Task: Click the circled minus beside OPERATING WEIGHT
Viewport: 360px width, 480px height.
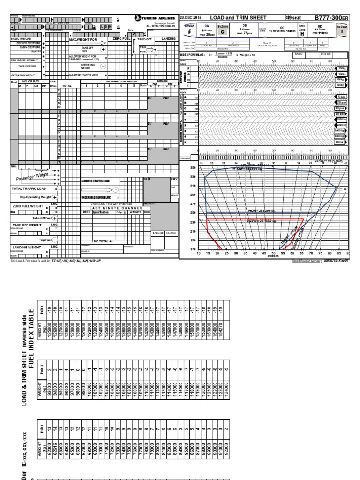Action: click(103, 66)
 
